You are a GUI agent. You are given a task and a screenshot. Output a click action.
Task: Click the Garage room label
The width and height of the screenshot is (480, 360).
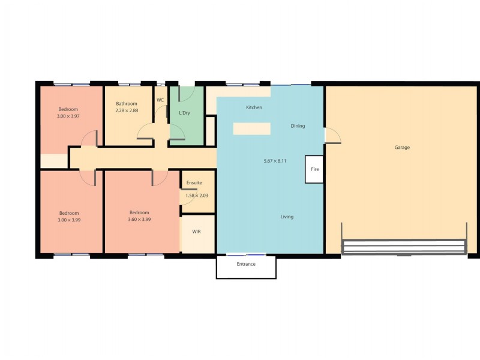pyautogui.click(x=402, y=147)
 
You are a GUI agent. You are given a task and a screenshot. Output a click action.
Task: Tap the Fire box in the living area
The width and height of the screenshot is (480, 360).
pyautogui.click(x=314, y=170)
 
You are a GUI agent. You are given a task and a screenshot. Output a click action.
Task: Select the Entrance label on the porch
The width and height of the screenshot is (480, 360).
pyautogui.click(x=246, y=264)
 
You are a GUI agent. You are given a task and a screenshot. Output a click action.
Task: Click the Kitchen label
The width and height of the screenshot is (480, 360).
pyautogui.click(x=254, y=107)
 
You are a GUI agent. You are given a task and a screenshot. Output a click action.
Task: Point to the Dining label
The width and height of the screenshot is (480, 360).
pyautogui.click(x=298, y=126)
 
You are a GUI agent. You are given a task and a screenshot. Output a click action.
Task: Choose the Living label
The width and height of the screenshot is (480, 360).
pyautogui.click(x=287, y=217)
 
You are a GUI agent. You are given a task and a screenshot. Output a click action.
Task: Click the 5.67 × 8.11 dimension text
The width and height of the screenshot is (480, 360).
pyautogui.click(x=275, y=161)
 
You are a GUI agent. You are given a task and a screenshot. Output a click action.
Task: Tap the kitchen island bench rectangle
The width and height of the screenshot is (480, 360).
pyautogui.click(x=251, y=128)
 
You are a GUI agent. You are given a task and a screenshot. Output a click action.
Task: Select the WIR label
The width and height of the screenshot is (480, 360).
pyautogui.click(x=196, y=231)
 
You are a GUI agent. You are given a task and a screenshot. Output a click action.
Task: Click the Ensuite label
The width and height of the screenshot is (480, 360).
pyautogui.click(x=194, y=183)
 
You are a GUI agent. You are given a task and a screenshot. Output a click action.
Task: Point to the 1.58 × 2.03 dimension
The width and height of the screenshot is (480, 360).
pyautogui.click(x=197, y=195)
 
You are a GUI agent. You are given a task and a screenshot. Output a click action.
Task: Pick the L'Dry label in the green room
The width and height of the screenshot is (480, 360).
pyautogui.click(x=184, y=113)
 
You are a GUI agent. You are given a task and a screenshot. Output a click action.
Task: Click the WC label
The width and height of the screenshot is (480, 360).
pyautogui.click(x=160, y=100)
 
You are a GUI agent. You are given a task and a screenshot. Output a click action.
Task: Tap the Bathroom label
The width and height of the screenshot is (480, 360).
pyautogui.click(x=127, y=104)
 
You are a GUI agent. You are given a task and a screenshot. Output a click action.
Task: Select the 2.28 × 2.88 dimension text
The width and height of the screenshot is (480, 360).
pyautogui.click(x=127, y=110)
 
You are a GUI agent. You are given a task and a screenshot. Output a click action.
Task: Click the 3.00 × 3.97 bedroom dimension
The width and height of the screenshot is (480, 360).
pyautogui.click(x=68, y=116)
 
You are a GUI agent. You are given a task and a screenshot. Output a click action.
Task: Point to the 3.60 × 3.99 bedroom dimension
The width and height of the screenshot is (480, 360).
pyautogui.click(x=139, y=220)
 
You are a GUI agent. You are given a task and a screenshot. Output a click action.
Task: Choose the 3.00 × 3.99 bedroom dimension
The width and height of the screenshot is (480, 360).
pyautogui.click(x=69, y=220)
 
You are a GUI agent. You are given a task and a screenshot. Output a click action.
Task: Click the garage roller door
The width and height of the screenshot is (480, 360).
pyautogui.click(x=403, y=247)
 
